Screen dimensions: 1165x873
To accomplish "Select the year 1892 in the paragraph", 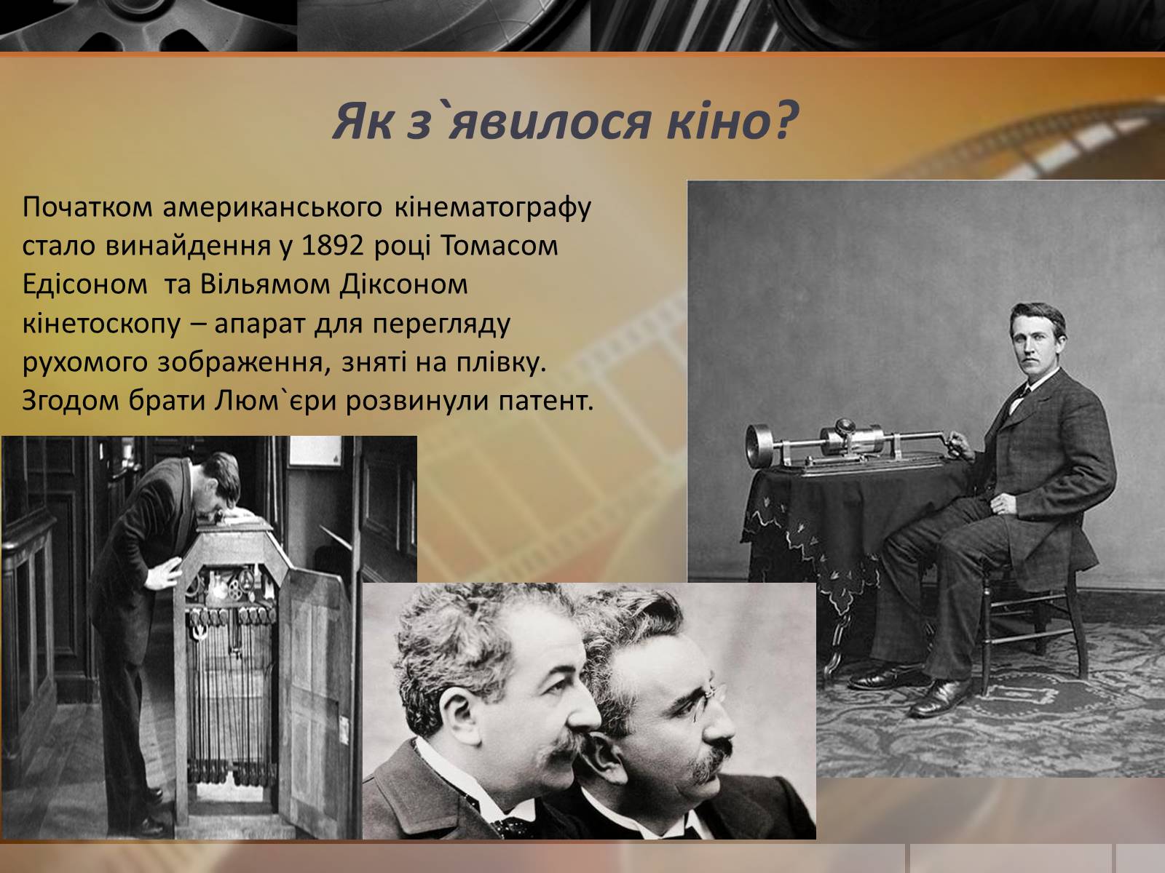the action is pos(332,245).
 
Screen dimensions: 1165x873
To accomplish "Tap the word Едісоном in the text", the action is pos(84,284).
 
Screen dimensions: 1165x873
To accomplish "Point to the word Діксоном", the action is pos(404,284).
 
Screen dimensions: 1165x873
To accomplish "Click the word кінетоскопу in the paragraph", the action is pos(101,324).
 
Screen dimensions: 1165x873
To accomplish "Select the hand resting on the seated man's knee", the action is pos(1003,503).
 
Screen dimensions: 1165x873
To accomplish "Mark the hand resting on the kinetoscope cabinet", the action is pos(164,573).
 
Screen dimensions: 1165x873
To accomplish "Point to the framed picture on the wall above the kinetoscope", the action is pos(315,452).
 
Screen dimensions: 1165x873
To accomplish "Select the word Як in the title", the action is pos(363,121).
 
